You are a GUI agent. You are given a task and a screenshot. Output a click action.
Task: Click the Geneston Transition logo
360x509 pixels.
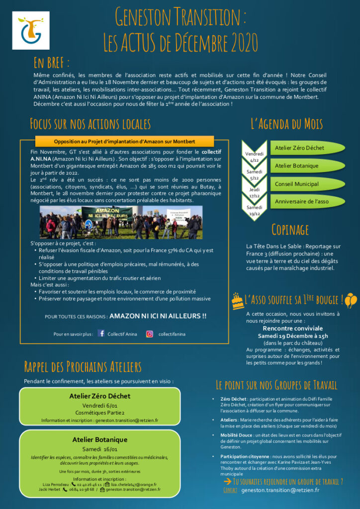click(x=30, y=30)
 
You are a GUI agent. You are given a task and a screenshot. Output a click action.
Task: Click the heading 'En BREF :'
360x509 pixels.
click(x=51, y=63)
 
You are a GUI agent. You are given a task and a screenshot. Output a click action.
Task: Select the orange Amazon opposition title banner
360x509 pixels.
click(x=124, y=141)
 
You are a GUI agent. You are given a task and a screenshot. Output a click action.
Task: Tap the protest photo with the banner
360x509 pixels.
click(x=121, y=222)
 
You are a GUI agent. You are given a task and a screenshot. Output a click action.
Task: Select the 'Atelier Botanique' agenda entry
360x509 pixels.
click(x=297, y=166)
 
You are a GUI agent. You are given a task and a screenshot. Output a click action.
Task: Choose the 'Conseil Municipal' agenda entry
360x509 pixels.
click(x=297, y=184)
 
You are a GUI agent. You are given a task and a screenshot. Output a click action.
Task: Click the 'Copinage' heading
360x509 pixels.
click(x=290, y=229)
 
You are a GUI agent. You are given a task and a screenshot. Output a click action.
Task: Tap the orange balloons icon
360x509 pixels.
click(x=351, y=300)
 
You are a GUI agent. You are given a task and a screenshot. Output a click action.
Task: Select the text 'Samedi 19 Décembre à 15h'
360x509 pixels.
click(x=292, y=336)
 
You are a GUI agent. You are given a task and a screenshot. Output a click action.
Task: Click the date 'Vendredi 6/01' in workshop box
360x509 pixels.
click(x=100, y=405)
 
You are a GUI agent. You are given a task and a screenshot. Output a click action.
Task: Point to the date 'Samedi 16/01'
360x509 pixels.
click(x=100, y=449)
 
